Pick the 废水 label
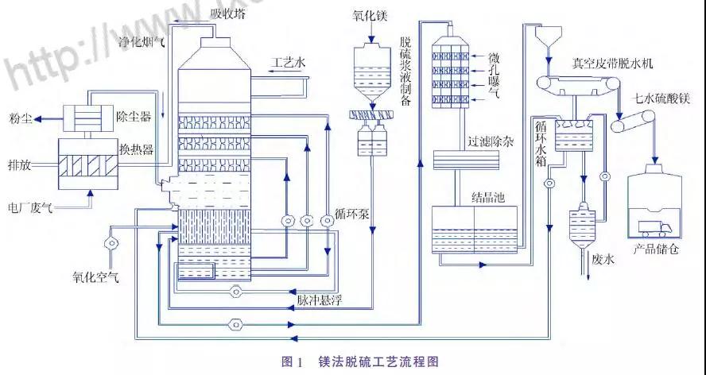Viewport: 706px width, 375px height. [x=604, y=259]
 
